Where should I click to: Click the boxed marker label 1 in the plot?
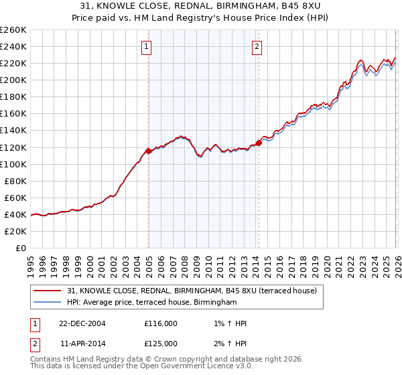(146, 47)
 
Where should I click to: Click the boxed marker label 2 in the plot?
(257, 47)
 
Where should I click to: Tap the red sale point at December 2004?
(148, 151)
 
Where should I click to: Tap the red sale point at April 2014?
(259, 143)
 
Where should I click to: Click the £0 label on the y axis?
(20, 248)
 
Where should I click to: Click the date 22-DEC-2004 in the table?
(82, 323)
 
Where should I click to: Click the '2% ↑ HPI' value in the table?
(227, 343)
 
